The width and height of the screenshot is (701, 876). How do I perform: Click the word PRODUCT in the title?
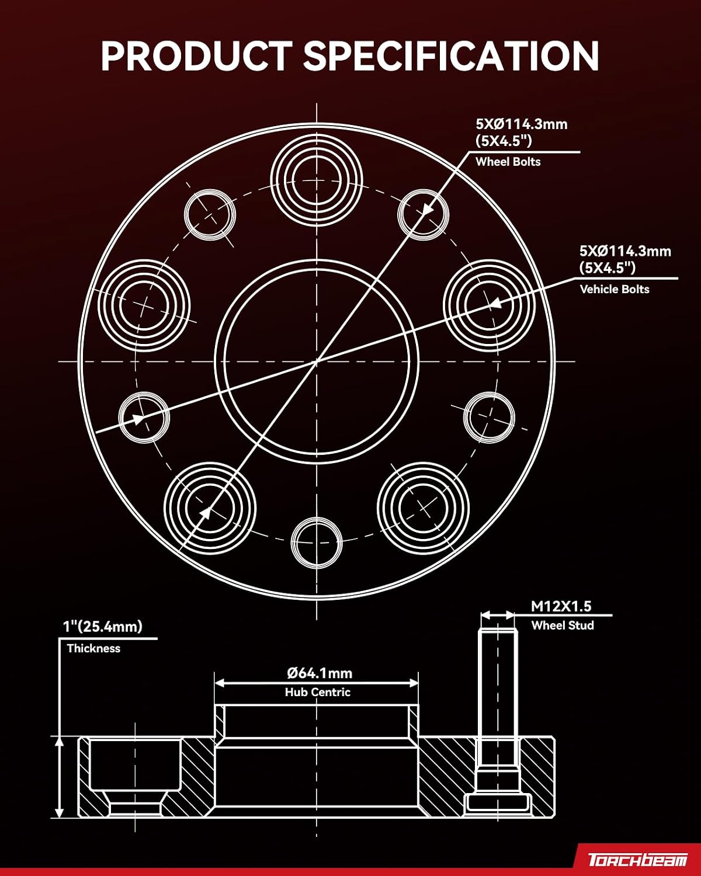tap(197, 55)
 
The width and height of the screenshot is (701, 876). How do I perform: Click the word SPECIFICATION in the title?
tap(451, 55)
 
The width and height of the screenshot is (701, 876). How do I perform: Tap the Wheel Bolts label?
tap(508, 162)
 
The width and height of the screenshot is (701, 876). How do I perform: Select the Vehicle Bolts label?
tap(614, 290)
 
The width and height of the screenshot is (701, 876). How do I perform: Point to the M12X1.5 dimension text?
tap(561, 607)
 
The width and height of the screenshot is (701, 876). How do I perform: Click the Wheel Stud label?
tap(563, 625)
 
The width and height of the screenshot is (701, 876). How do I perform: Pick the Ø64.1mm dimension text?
tap(320, 673)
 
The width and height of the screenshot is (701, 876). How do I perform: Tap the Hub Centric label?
tap(318, 692)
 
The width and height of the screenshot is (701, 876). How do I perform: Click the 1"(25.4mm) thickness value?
tap(103, 627)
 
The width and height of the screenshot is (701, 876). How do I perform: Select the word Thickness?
tap(93, 648)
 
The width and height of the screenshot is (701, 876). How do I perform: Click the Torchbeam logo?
tap(638, 860)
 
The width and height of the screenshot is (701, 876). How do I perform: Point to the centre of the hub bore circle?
tap(317, 361)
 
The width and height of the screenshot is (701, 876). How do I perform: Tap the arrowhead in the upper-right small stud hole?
tap(426, 209)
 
